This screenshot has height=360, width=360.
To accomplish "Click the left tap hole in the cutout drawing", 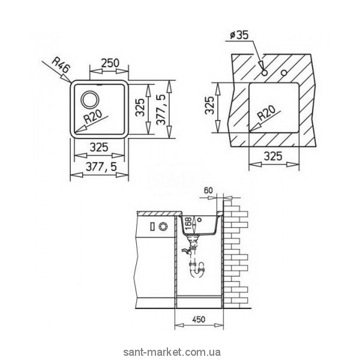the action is [x=264, y=73].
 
